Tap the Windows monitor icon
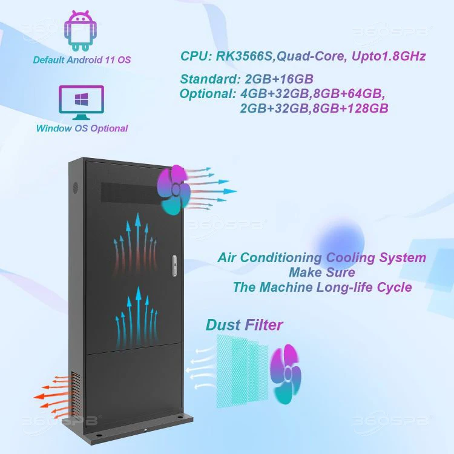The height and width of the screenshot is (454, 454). point(81,102)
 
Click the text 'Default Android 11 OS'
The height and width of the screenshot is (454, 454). point(82,60)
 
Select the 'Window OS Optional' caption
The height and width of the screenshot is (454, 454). point(82,128)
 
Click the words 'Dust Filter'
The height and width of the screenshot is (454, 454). point(244,325)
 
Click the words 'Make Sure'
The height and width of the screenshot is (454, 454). point(321,272)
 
